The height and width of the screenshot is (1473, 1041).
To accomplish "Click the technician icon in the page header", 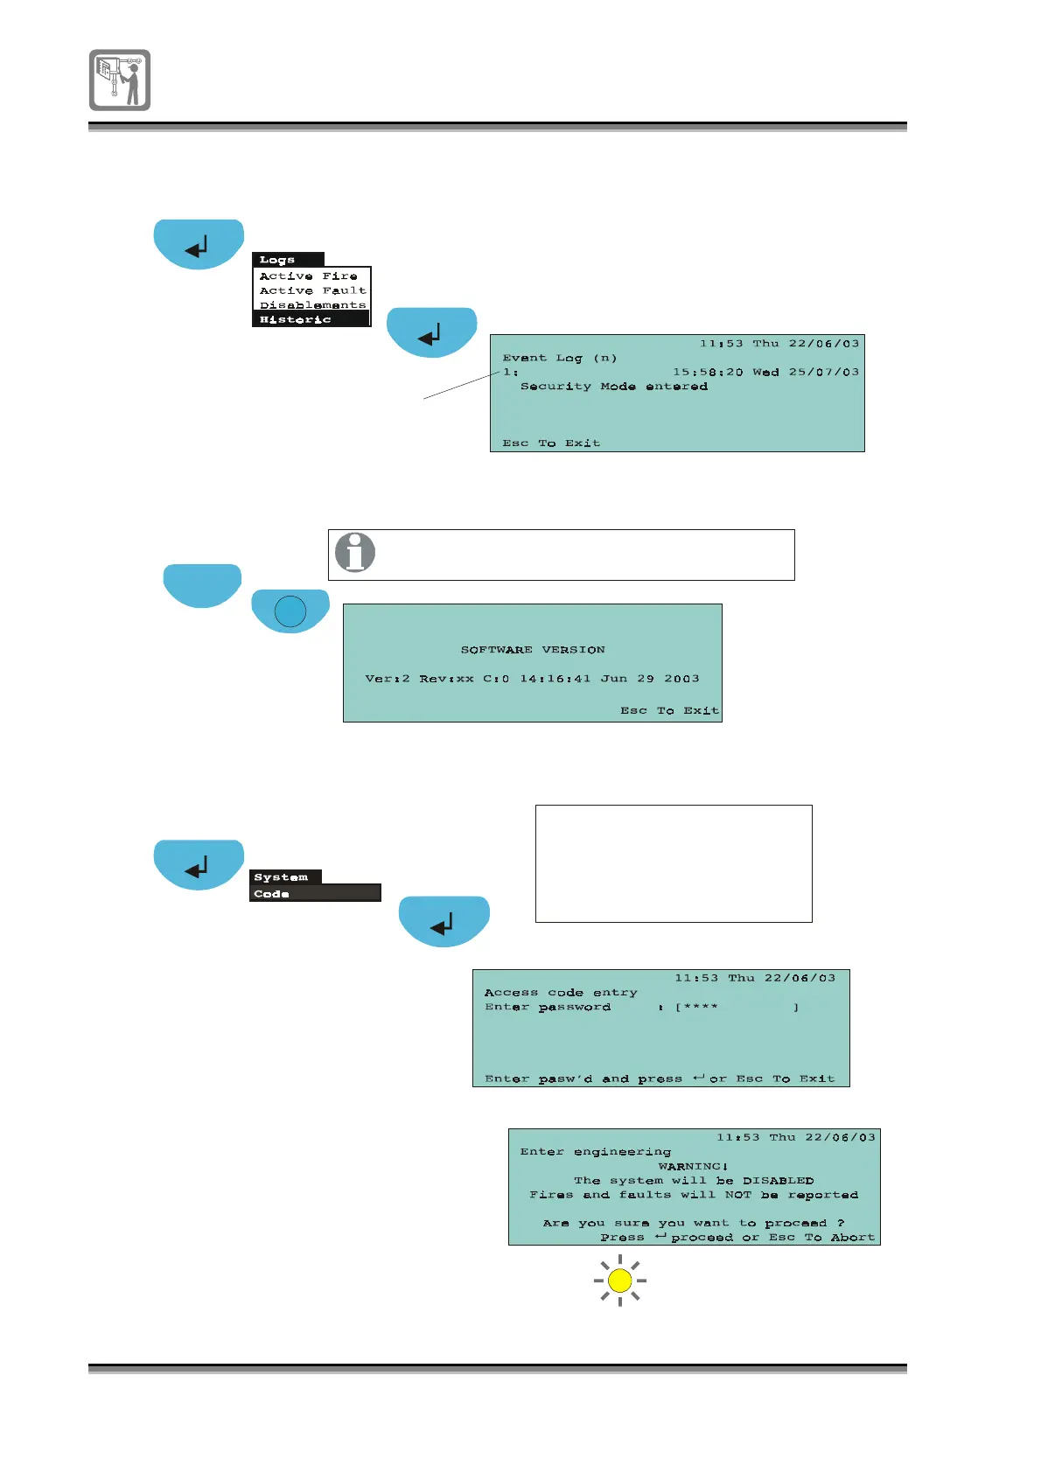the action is tap(120, 80).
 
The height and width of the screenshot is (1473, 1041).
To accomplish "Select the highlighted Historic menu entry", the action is tap(296, 320).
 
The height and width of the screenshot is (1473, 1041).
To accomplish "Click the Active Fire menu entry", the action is tap(308, 276).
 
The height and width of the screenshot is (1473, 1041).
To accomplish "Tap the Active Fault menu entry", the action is tap(312, 290).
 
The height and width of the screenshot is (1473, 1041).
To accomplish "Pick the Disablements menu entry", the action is tap(312, 305).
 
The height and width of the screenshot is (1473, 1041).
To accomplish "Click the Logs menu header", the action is tap(277, 260).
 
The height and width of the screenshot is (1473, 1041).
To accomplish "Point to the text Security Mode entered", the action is tap(613, 387).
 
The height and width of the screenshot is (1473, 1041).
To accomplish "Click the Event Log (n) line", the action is tap(559, 358).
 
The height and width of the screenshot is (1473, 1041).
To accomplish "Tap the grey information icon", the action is tap(355, 553).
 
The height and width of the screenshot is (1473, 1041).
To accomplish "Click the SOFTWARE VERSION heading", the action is tap(533, 650).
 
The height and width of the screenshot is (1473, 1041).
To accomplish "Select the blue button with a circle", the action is tap(290, 611).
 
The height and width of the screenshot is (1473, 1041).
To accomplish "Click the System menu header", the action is tap(281, 877).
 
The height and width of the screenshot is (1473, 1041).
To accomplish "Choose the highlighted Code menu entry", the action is tap(272, 894).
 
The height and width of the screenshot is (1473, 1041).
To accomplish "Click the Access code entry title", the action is tap(561, 993).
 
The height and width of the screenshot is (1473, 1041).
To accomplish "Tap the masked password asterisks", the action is tap(701, 1008).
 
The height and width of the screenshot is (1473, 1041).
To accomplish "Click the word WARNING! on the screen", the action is tap(693, 1166).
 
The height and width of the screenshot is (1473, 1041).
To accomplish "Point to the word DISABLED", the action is tap(778, 1181).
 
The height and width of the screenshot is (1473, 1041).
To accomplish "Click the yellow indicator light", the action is tap(619, 1281).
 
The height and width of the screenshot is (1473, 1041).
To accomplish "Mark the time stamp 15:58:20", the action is tap(707, 373).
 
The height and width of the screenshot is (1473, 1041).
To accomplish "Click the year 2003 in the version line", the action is tap(681, 679).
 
